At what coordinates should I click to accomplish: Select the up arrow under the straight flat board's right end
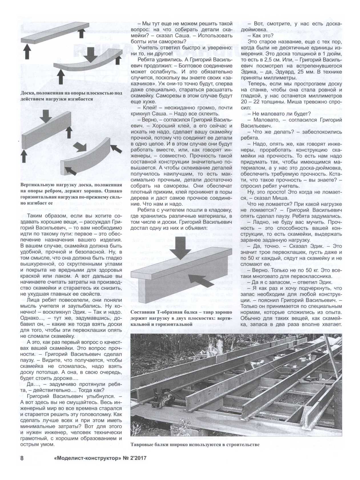[81, 33]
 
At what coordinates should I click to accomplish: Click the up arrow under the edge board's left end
[24, 156]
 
